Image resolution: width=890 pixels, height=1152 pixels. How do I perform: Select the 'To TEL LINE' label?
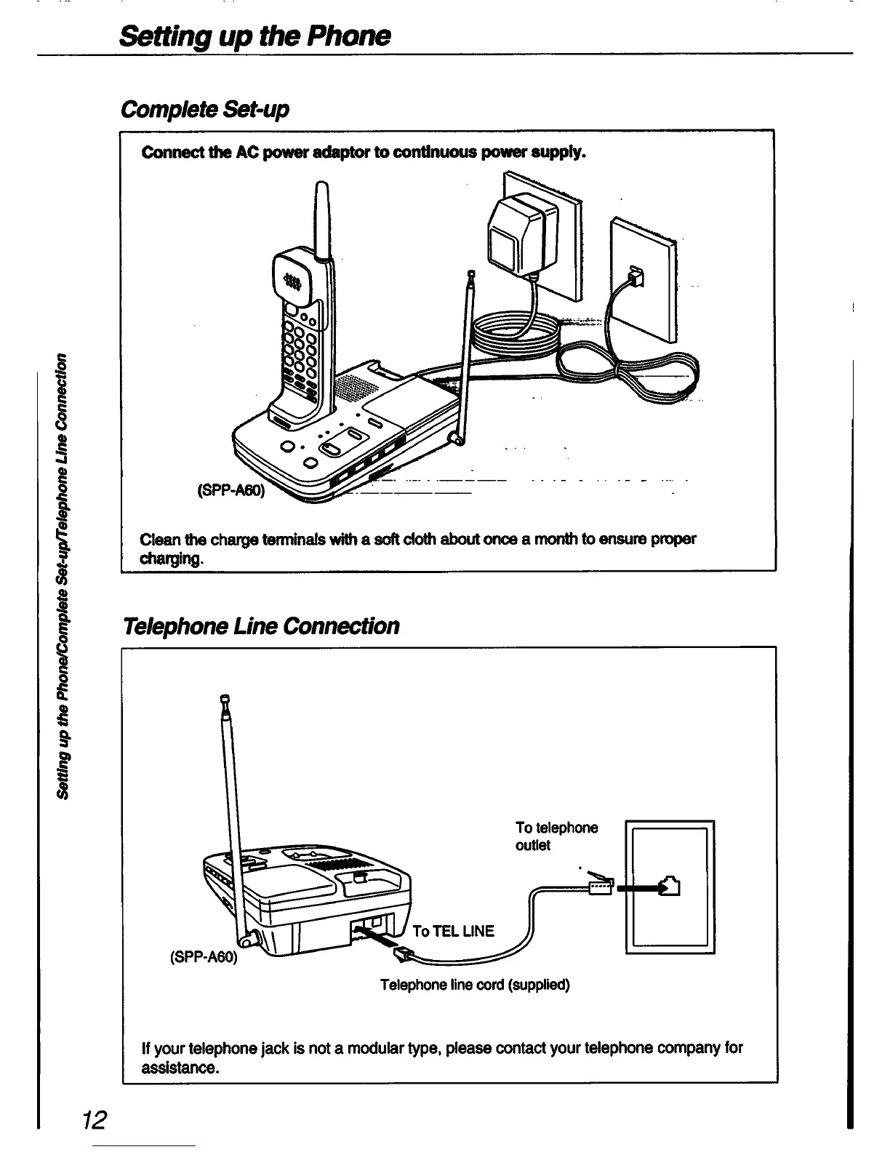(453, 931)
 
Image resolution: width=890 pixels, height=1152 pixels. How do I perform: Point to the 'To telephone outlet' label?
(556, 836)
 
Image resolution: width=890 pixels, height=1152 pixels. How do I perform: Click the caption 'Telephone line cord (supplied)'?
(475, 985)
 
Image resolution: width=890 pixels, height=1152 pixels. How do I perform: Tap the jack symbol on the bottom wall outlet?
(670, 887)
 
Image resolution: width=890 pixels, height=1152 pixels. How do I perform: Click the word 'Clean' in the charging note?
(161, 539)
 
